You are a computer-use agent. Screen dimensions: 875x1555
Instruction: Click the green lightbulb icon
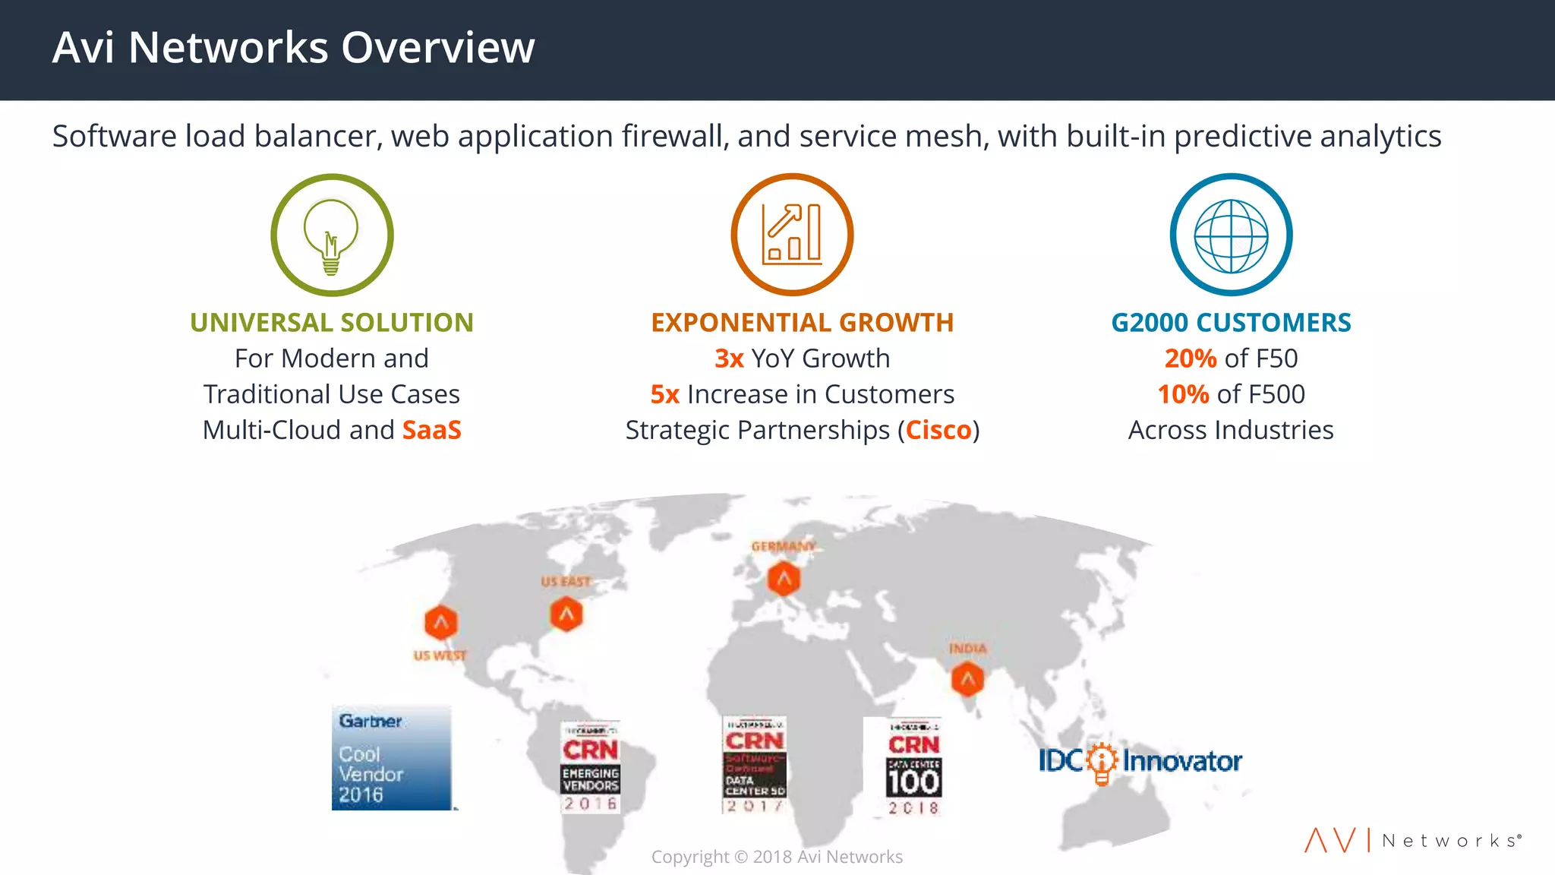pos(332,235)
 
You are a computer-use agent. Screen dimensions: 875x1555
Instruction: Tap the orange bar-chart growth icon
pos(792,235)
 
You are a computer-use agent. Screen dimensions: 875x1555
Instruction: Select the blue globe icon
pos(1231,235)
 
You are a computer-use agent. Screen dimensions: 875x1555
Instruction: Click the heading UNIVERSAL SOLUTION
pos(332,323)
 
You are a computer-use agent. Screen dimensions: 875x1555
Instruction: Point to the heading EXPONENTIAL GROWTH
pos(802,323)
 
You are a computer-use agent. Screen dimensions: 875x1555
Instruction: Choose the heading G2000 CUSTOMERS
pos(1231,323)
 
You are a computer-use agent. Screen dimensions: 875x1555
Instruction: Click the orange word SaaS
pos(431,430)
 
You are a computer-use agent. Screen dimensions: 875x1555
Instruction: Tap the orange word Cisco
pos(938,430)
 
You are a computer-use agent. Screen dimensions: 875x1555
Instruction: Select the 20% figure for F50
pos(1190,359)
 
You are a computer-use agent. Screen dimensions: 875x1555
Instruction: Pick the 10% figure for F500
pos(1183,394)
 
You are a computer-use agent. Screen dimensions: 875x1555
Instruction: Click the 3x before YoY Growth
pos(729,359)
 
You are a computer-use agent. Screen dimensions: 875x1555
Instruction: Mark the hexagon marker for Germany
pos(784,579)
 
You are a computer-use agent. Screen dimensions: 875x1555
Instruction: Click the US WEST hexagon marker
pos(441,624)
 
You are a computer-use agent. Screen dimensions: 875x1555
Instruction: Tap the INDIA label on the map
pos(967,649)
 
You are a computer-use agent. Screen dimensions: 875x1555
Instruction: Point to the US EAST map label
pos(565,582)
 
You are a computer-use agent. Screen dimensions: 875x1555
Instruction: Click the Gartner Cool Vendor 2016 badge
pos(392,758)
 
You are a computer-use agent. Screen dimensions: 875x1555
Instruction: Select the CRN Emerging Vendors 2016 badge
pos(590,767)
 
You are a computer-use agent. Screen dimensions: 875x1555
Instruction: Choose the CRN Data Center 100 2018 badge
pos(913,767)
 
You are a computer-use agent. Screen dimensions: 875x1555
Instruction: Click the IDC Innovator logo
pos(1140,760)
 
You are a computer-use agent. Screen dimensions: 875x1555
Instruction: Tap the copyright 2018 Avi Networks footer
pos(777,857)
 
